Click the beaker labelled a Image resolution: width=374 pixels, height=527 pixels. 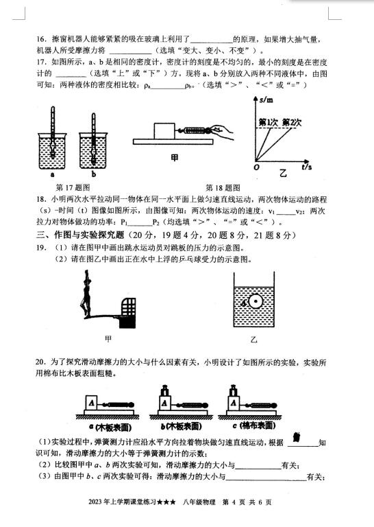[52, 151]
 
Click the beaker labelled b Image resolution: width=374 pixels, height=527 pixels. [93, 150]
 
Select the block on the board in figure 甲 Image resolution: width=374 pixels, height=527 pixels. [164, 131]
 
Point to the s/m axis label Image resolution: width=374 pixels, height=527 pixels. [266, 99]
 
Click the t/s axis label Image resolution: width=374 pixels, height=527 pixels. [307, 167]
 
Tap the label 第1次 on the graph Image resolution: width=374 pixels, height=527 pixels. [269, 122]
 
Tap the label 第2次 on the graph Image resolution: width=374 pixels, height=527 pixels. [292, 122]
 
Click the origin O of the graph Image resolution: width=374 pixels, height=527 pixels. [257, 167]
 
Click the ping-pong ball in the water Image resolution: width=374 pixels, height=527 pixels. [255, 301]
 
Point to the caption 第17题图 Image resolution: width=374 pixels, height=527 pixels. [73, 187]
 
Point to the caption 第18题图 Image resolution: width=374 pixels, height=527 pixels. [223, 187]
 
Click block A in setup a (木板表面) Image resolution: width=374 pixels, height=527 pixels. [92, 403]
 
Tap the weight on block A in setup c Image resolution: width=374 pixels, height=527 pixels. [233, 390]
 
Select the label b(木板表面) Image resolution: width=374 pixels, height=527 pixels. [181, 427]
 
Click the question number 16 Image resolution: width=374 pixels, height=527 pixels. [41, 39]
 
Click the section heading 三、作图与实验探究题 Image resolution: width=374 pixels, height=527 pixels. [80, 235]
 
